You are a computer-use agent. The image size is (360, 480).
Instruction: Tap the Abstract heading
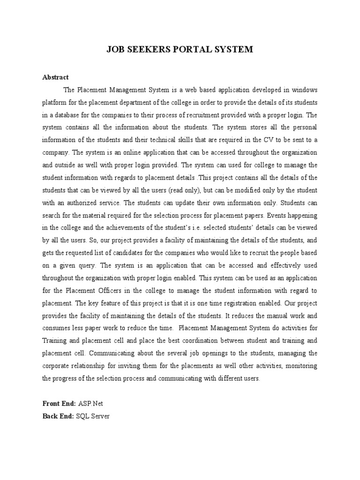coord(55,77)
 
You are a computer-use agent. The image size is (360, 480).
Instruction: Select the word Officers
coord(126,290)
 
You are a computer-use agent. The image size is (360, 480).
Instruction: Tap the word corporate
coord(57,366)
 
